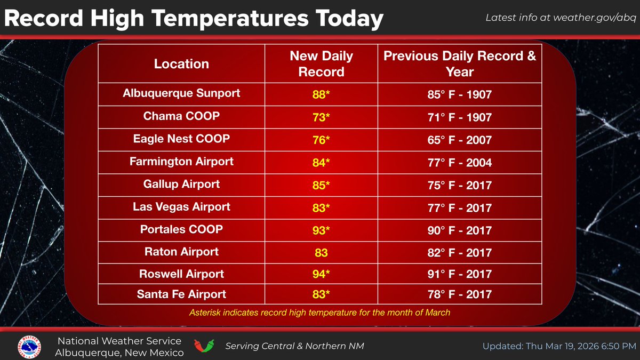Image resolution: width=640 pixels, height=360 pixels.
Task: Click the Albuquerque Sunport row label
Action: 181,93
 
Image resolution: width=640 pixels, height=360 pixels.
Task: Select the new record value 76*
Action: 321,140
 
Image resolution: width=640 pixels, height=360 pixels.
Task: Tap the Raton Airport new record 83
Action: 321,252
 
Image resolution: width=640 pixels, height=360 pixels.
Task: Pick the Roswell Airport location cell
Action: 181,274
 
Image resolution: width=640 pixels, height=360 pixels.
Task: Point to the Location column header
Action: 181,64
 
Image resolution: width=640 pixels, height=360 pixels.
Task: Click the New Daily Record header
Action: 321,64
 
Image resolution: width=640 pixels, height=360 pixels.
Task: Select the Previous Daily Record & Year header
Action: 460,64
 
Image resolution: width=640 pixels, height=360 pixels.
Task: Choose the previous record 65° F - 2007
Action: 460,140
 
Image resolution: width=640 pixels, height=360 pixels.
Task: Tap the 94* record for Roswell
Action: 321,275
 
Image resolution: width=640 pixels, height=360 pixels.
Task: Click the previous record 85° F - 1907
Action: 460,95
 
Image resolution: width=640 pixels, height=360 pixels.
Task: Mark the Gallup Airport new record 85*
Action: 321,185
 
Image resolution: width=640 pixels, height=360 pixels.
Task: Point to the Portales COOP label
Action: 181,229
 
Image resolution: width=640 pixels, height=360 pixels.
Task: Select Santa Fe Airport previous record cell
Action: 460,294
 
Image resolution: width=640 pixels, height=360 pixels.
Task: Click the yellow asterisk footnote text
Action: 320,313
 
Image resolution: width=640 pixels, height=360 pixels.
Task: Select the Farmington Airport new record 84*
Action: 321,162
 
